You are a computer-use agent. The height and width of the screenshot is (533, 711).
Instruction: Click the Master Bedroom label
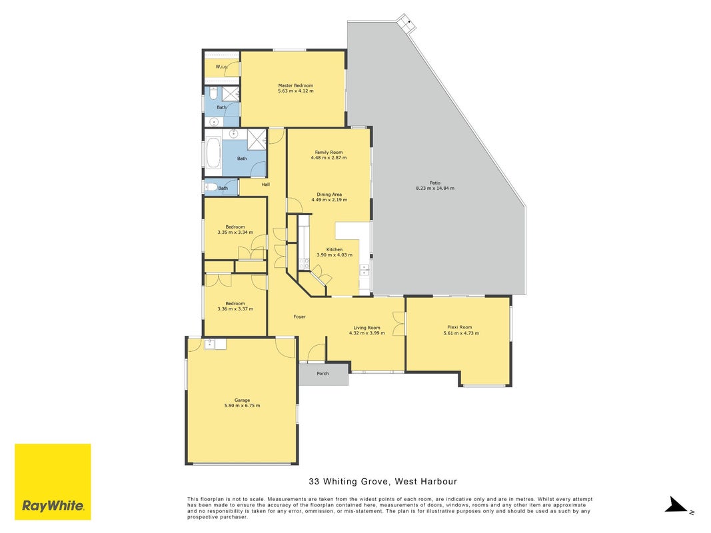pos(296,85)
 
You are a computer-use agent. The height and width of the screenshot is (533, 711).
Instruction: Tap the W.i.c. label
pos(221,67)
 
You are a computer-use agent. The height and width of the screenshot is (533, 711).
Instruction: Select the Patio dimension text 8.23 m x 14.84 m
pos(435,188)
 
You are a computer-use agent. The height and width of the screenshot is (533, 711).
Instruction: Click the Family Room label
pos(329,153)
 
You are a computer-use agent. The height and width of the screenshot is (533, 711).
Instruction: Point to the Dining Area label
pos(329,195)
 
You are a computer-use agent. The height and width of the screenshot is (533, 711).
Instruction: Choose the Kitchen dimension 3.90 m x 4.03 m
pos(335,255)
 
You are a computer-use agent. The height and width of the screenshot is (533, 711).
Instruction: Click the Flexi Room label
pos(459,326)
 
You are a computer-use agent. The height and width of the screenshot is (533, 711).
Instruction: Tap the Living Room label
pos(367,328)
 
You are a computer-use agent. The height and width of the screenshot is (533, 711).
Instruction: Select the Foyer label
pos(299,317)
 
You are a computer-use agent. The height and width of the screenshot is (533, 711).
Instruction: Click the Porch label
pos(323,374)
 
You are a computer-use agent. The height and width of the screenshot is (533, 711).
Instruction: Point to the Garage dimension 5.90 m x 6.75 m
pos(242,406)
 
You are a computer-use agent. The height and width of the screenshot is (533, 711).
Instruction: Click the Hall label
pos(266,185)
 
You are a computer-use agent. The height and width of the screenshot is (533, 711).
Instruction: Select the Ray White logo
pos(53,482)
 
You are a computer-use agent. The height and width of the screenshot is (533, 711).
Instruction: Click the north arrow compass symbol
pos(677,504)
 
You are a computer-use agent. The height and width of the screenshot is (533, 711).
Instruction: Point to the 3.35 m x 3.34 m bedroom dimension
pos(235,233)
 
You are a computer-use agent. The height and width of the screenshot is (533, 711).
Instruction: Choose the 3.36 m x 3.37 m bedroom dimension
pos(235,309)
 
